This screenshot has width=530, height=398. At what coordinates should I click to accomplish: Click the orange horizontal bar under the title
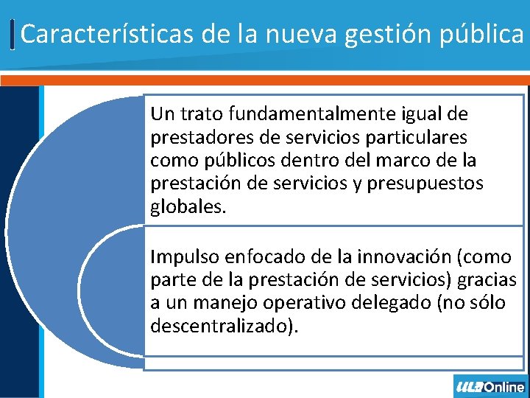(265, 79)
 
